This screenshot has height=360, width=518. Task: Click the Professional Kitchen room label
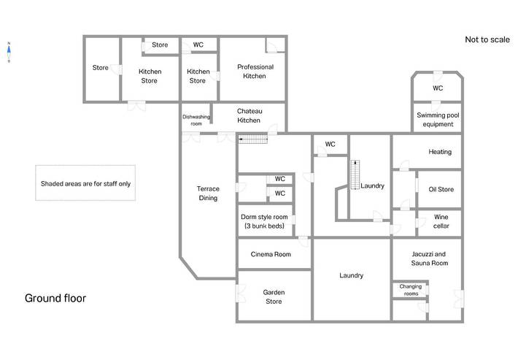tap(255, 72)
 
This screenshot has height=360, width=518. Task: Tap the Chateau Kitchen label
tap(250, 115)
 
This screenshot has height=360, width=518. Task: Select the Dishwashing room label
tap(196, 120)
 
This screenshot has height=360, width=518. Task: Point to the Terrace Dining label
tap(208, 194)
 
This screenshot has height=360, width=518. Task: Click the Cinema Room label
tap(271, 254)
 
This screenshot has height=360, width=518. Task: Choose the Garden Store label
tap(274, 297)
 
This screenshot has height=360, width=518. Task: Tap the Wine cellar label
tap(441, 221)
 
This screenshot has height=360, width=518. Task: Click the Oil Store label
tap(441, 189)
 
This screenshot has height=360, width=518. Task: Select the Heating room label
tap(440, 152)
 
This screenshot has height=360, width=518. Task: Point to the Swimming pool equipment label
tap(438, 120)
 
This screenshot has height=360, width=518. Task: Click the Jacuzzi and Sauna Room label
tap(430, 258)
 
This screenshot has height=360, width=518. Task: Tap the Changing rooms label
tap(411, 290)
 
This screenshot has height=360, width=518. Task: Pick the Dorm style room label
tap(264, 221)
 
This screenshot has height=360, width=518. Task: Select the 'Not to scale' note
tap(487, 39)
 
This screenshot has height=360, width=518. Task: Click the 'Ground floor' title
tap(55, 298)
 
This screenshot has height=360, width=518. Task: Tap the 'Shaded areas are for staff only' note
tap(85, 184)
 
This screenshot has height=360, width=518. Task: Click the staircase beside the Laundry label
tap(355, 175)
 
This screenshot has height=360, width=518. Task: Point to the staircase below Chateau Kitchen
tap(253, 139)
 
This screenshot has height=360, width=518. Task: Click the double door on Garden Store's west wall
tap(240, 294)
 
